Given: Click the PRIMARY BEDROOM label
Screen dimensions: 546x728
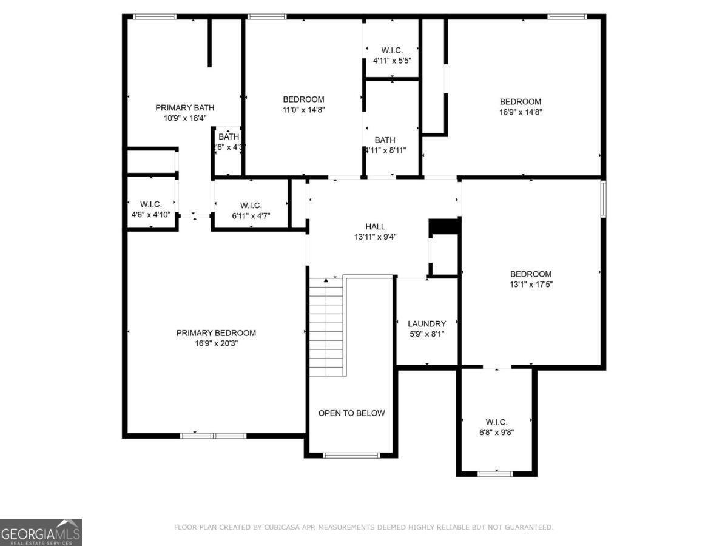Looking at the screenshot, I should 216,333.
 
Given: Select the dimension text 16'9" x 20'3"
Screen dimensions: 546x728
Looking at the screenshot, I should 216,343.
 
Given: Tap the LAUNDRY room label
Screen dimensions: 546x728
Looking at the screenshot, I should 426,324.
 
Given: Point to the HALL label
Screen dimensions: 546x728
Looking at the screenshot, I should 375,227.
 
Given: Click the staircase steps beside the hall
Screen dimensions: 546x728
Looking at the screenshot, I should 327,328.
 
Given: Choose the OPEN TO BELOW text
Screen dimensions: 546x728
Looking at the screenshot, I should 351,413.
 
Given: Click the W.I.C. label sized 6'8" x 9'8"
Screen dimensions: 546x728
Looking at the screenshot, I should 496,422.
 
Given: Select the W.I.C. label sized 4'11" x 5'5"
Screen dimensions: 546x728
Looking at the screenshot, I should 391,50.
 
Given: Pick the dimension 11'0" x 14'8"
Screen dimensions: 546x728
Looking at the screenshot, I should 303,110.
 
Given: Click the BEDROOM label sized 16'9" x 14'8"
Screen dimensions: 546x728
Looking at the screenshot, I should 520,102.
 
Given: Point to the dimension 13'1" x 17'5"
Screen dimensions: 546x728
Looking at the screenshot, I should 531,284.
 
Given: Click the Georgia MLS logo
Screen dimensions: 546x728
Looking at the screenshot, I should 41,532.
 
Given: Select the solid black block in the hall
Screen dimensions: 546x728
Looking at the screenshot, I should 445,226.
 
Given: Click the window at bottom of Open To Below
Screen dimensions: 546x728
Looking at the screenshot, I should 351,455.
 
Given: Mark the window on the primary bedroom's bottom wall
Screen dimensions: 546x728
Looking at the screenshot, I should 214,435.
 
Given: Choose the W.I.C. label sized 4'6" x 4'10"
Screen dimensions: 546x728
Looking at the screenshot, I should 150,204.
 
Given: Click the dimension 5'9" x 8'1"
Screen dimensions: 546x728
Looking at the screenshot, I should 426,334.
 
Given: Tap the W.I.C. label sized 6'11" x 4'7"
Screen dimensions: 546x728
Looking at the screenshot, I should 251,205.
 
